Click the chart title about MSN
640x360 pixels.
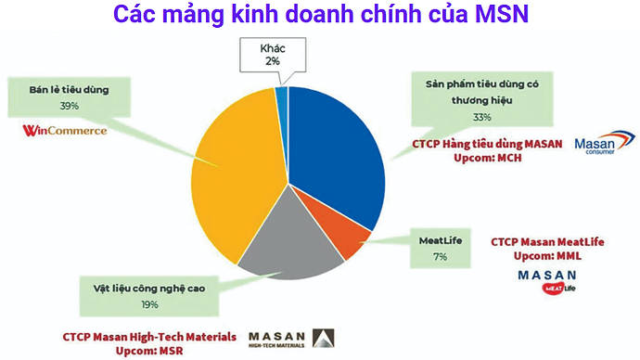(319, 15)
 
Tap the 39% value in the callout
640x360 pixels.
(69, 107)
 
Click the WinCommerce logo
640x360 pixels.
(64, 130)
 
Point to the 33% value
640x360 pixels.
(481, 118)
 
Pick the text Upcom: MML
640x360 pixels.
(547, 254)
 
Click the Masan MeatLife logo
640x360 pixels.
(547, 282)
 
